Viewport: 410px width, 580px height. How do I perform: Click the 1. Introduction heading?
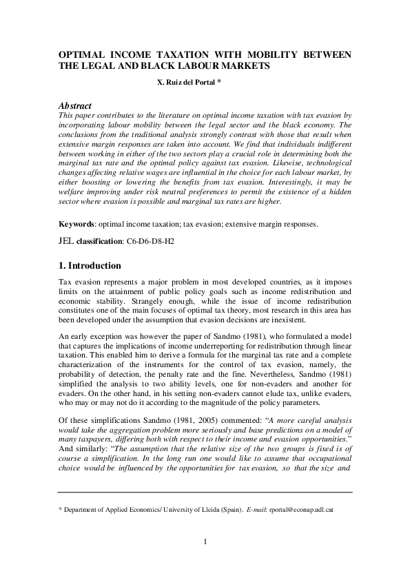point(90,266)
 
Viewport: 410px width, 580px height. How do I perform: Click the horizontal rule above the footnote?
point(205,493)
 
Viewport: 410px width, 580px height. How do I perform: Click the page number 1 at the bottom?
point(205,559)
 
